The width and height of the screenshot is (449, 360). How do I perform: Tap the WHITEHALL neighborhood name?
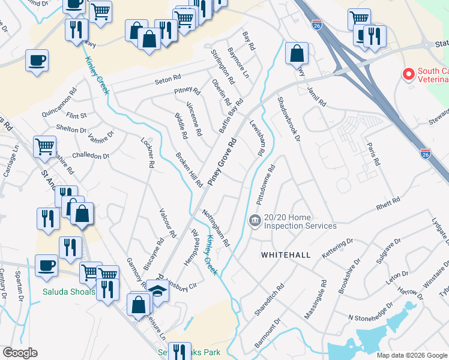click(286, 255)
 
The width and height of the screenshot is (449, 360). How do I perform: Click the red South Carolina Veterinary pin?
click(409, 74)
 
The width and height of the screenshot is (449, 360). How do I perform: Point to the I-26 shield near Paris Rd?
click(425, 154)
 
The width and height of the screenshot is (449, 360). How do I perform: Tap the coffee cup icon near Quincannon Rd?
click(37, 61)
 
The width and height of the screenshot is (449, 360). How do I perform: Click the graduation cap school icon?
click(157, 291)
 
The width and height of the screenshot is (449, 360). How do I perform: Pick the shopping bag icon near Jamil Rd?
click(297, 53)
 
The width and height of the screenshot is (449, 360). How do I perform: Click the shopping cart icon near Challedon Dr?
click(45, 146)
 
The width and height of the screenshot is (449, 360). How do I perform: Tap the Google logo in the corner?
click(20, 352)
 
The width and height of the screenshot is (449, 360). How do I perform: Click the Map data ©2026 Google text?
click(411, 355)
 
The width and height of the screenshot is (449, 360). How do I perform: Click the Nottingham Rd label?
click(215, 228)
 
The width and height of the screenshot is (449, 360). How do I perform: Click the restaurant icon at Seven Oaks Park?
click(179, 351)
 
